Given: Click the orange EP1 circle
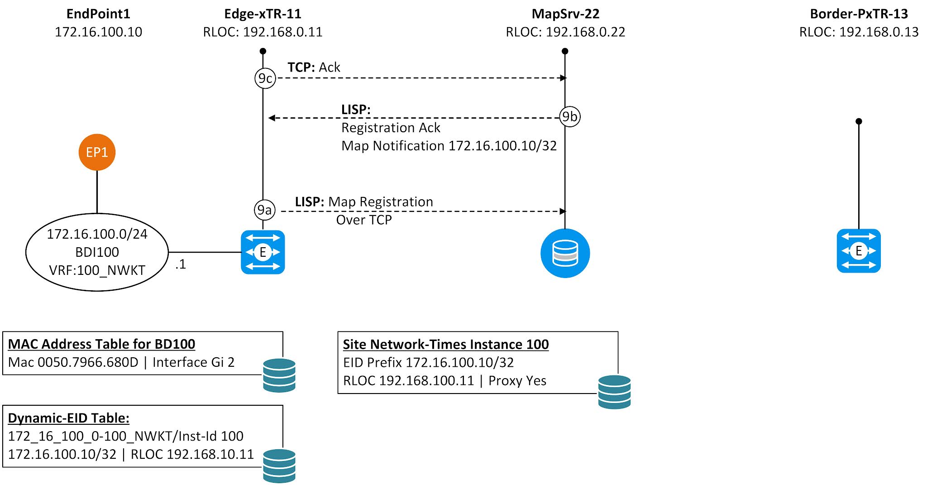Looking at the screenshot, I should pos(97,152).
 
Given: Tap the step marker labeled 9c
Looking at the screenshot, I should pos(265,78).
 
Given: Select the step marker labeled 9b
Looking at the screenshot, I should pos(569,117).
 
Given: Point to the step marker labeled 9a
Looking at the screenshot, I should pos(264,210).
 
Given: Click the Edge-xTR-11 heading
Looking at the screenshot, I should pos(263,14).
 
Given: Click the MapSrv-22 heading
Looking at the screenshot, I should pos(565,14).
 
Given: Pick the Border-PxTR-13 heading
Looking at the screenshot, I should pos(859,14).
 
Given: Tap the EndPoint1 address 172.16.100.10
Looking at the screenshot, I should pos(98,32).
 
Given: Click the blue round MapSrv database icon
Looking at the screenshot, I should pos(565,253).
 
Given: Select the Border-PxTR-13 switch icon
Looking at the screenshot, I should pos(858,251).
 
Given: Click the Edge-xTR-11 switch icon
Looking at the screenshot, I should pos(263,252).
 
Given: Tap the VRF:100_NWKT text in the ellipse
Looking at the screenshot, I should pos(97,270).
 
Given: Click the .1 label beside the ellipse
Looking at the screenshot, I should pos(181,264).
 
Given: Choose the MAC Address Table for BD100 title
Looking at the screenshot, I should pos(101,344).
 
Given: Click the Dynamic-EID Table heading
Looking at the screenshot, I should pos(68,418).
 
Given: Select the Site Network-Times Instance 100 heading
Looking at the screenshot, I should pos(445,345).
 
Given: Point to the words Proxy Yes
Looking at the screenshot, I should pos(517,381).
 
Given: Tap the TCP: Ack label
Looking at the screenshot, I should pos(314,67).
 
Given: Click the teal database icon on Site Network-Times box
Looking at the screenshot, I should pos(614,392).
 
